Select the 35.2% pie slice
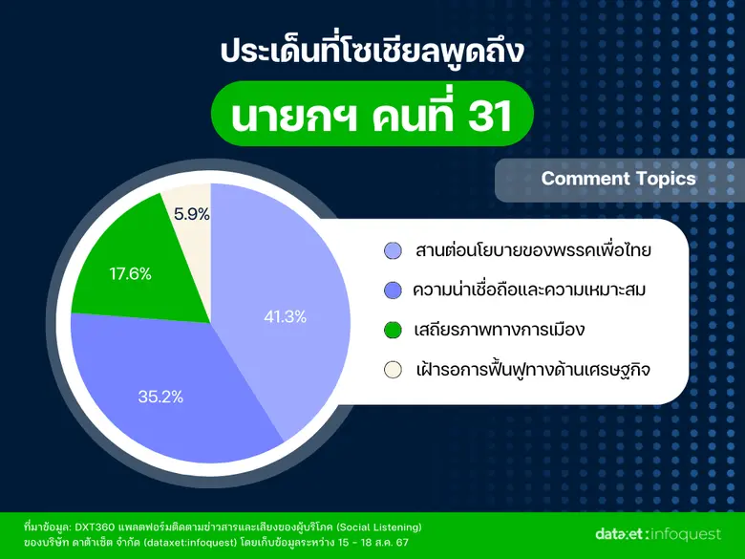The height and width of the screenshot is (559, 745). pos(162,382)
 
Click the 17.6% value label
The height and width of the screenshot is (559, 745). pos(131,274)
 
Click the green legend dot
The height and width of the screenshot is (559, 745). pos(392,331)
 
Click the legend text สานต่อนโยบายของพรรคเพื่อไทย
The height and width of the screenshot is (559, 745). pos(533,251)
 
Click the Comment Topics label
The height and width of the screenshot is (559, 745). pos(618,179)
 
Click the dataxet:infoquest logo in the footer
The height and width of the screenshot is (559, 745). pos(651,533)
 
